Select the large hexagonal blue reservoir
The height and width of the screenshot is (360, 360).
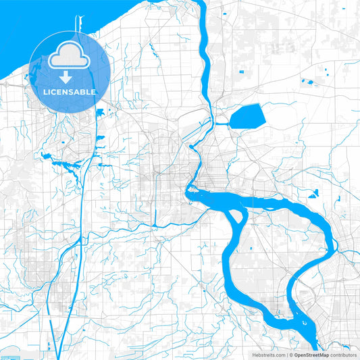(247, 118)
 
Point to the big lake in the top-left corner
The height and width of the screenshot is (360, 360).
(20, 41)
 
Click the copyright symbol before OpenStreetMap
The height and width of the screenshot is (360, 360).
(292, 355)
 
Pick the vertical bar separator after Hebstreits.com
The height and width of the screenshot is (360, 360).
(287, 355)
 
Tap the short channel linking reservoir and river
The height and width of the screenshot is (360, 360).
(222, 124)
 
